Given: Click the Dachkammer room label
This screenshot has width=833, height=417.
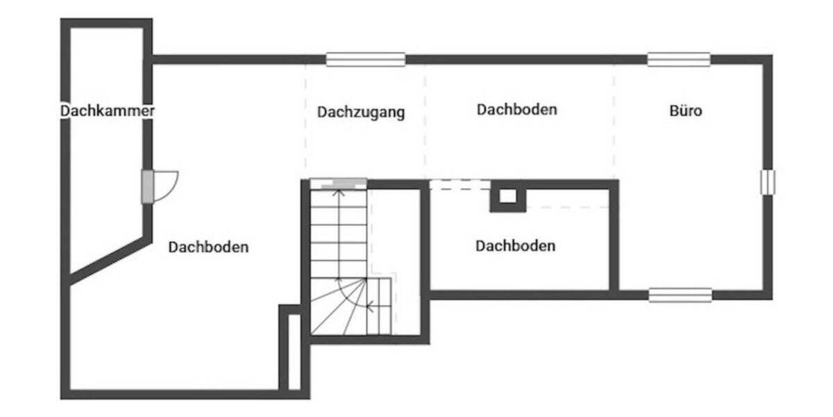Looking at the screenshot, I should pyautogui.click(x=107, y=111).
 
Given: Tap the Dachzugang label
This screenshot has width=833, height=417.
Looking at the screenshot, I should pyautogui.click(x=361, y=112).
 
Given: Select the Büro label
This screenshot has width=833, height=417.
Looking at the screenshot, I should pyautogui.click(x=686, y=111).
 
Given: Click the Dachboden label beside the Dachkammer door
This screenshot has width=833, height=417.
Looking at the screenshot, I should pyautogui.click(x=208, y=247).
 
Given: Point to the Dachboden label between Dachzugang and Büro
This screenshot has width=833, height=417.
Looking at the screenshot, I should pyautogui.click(x=517, y=110).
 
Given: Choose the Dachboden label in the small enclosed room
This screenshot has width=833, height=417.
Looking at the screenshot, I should pyautogui.click(x=515, y=246).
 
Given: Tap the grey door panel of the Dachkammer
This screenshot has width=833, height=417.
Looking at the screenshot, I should pyautogui.click(x=147, y=186).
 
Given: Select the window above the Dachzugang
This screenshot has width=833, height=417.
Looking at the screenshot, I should pyautogui.click(x=366, y=60).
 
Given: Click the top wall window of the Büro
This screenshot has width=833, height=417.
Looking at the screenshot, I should pyautogui.click(x=679, y=60).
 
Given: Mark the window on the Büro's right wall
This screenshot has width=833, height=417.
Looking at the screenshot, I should pyautogui.click(x=767, y=182).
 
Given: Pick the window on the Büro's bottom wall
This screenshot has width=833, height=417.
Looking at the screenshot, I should pyautogui.click(x=680, y=295).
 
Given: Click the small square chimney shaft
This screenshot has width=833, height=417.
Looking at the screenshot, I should pyautogui.click(x=508, y=197).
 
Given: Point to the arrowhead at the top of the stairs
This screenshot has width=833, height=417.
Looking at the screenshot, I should pyautogui.click(x=339, y=191).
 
